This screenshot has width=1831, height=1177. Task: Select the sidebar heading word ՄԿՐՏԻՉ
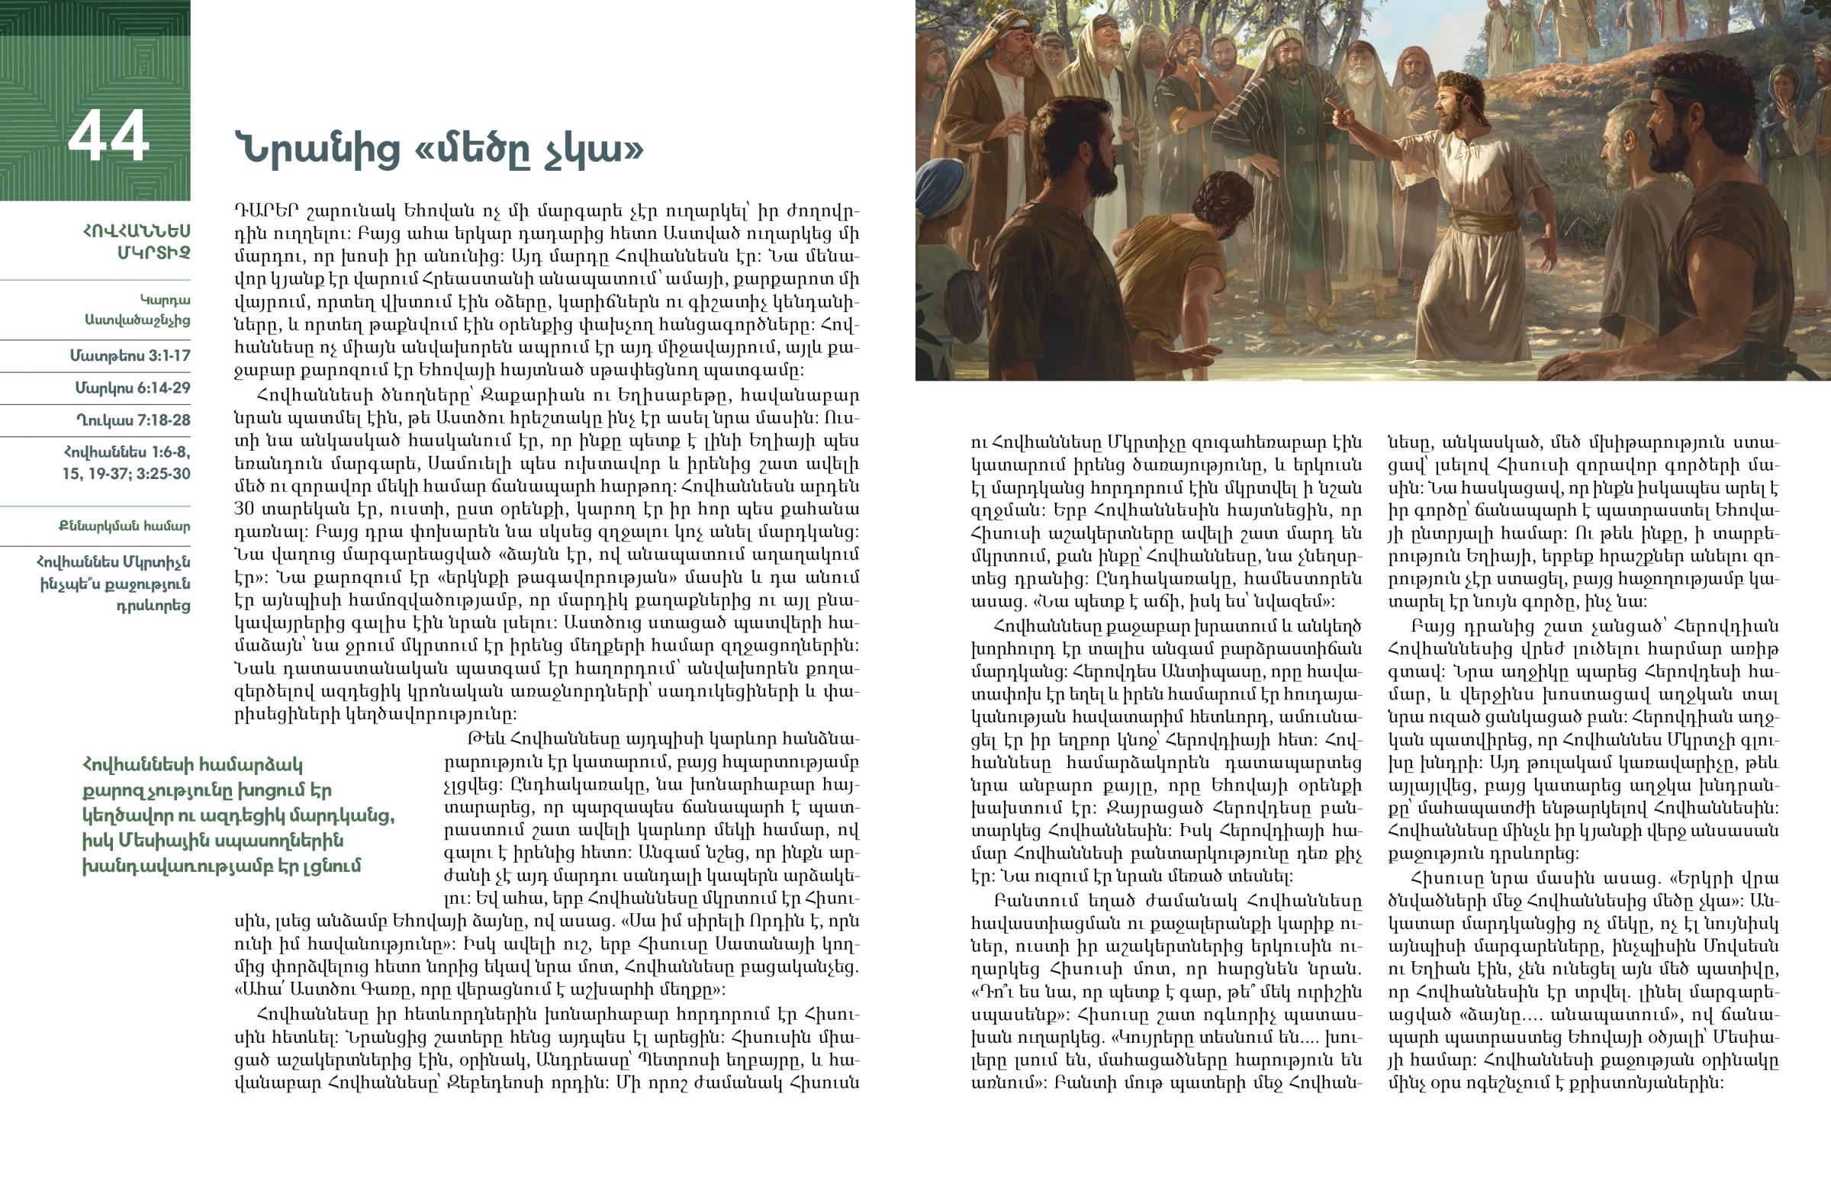[x=153, y=252]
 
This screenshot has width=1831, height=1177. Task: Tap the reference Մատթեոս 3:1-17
[x=130, y=355]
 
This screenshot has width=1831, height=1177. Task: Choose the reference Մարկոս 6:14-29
[x=132, y=388]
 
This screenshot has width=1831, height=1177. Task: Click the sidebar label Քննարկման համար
[x=124, y=526]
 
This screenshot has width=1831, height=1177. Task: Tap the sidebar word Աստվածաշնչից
[x=137, y=320]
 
